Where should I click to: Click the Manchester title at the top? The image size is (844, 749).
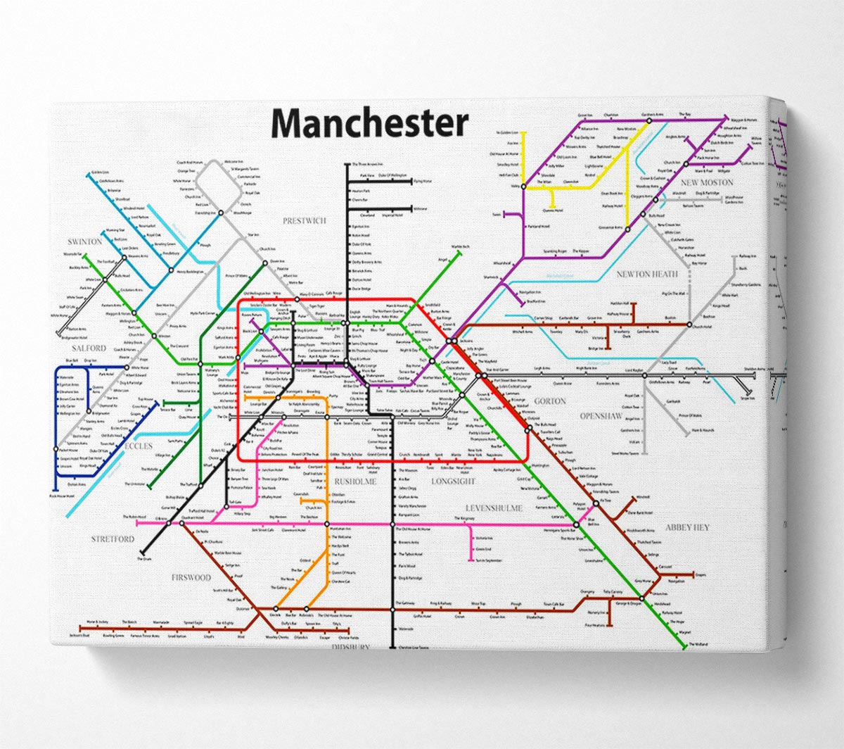pyautogui.click(x=369, y=123)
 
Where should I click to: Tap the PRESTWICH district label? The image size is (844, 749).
pyautogui.click(x=305, y=221)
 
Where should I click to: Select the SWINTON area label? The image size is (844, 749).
pyautogui.click(x=86, y=242)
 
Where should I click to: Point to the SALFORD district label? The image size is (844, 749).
pyautogui.click(x=88, y=348)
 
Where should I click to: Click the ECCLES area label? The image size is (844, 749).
pyautogui.click(x=139, y=446)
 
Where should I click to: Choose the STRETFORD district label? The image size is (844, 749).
pyautogui.click(x=113, y=539)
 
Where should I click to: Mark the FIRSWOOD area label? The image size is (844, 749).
pyautogui.click(x=191, y=578)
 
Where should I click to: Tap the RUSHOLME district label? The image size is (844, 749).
pyautogui.click(x=356, y=481)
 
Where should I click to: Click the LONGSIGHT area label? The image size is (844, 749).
pyautogui.click(x=454, y=481)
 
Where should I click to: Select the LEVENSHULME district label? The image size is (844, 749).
pyautogui.click(x=494, y=508)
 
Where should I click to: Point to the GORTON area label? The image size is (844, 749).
pyautogui.click(x=550, y=401)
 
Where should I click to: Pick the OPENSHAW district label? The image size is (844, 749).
pyautogui.click(x=601, y=416)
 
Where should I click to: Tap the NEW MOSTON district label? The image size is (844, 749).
pyautogui.click(x=707, y=183)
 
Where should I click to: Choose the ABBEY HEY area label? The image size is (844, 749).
pyautogui.click(x=687, y=527)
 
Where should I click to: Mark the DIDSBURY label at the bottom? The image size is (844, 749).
pyautogui.click(x=350, y=647)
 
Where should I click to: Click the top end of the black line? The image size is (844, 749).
pyautogui.click(x=347, y=165)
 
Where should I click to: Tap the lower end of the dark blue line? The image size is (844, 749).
pyautogui.click(x=55, y=488)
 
